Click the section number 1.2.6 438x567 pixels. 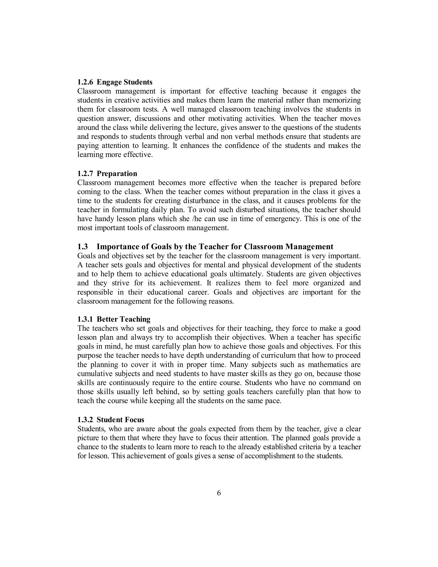click(85, 82)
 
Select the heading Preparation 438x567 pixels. click(117, 174)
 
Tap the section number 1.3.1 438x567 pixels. click(85, 319)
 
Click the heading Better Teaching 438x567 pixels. click(124, 319)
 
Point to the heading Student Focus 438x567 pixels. click(120, 420)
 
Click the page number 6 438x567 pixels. click(219, 493)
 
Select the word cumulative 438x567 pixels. click(95, 374)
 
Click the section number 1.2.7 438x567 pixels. click(85, 174)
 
